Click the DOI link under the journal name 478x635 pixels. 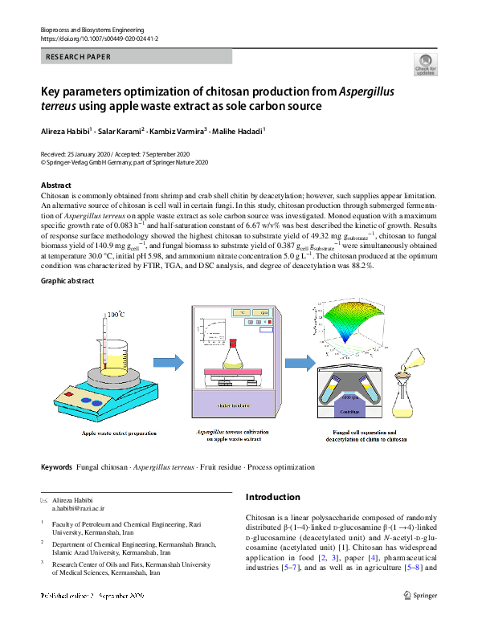(99, 39)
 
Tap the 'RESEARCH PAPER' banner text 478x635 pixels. (79, 57)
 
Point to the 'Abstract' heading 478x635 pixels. (55, 185)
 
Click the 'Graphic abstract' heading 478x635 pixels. (67, 281)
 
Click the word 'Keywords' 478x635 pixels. (56, 467)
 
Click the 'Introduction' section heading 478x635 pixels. (272, 497)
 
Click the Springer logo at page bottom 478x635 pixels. (422, 595)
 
